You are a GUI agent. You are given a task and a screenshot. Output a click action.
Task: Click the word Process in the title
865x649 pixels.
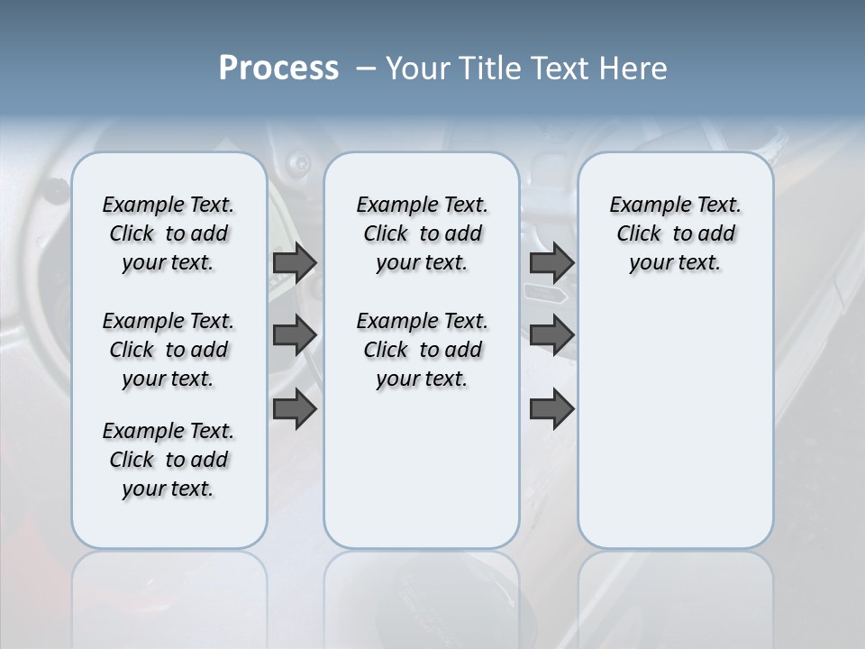pos(278,69)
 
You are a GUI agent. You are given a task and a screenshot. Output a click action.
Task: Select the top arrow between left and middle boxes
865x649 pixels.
pos(295,262)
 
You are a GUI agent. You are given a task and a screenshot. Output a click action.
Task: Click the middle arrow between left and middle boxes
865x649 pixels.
pos(295,335)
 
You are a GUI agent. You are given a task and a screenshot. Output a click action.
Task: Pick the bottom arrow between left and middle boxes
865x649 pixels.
pos(295,409)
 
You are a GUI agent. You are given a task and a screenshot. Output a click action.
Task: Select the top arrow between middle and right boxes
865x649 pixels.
pos(551,262)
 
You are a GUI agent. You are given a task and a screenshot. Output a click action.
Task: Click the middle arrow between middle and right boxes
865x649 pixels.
pos(551,335)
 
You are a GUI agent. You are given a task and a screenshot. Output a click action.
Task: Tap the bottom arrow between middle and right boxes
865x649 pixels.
pos(551,409)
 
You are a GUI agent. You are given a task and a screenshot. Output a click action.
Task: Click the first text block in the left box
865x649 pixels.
pos(168,233)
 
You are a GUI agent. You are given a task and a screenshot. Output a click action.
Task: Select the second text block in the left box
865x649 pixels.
pos(168,350)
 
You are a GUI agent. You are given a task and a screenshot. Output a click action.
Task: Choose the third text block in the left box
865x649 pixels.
pos(168,460)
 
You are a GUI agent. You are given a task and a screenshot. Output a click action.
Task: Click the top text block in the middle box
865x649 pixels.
pos(422,233)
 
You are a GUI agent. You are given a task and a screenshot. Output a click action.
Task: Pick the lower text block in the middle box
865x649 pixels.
pos(422,350)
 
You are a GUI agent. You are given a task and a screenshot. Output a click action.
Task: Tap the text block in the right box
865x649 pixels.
pos(675,233)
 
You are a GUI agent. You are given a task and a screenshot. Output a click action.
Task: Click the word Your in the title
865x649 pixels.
pos(414,69)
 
